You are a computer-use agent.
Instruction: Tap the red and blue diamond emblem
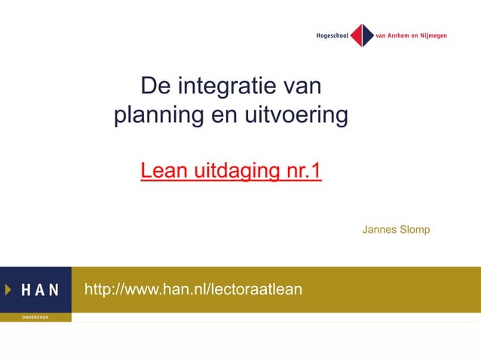[x=363, y=35]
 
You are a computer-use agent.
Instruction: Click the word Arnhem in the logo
[x=403, y=35]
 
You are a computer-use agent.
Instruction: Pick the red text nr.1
[x=301, y=172]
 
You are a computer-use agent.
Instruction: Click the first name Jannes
[x=379, y=229]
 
